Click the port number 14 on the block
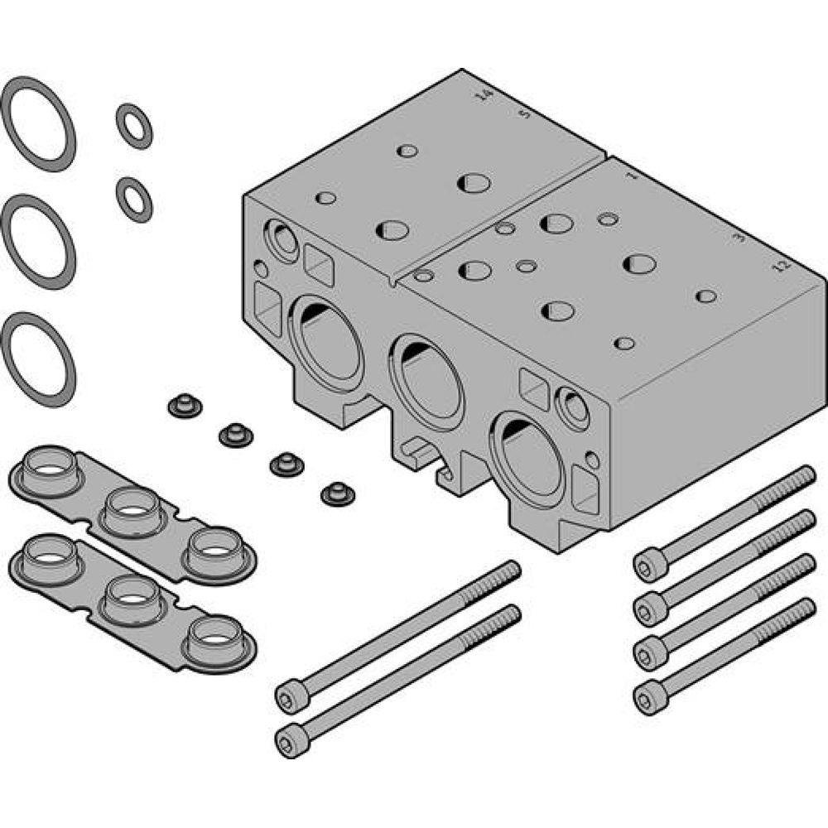click(485, 96)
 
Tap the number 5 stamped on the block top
click(523, 115)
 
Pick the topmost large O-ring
click(39, 123)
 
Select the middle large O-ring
click(39, 241)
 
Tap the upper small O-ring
click(134, 126)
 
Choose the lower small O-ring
click(134, 199)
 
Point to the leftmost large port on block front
click(326, 340)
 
